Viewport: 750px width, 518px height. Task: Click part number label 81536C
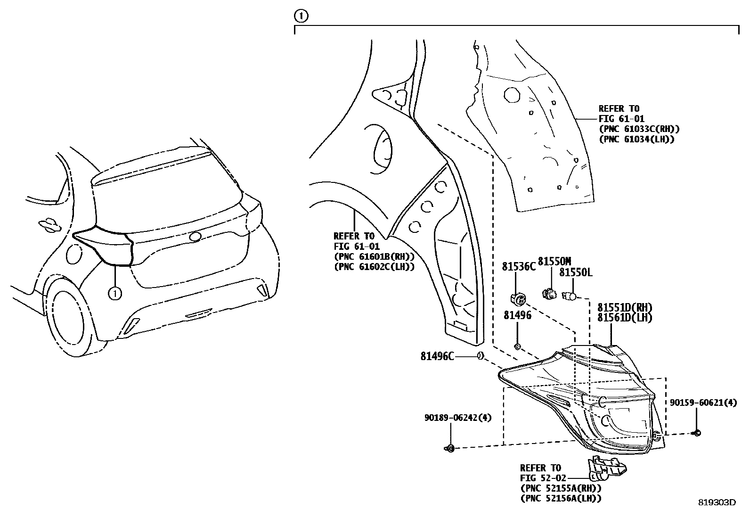tap(519, 267)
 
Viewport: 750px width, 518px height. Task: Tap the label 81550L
tap(576, 273)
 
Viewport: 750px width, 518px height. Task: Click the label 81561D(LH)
tap(625, 318)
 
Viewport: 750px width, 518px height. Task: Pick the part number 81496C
tap(437, 357)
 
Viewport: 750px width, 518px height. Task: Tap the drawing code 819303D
tap(717, 502)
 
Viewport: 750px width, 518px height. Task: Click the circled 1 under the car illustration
tap(114, 294)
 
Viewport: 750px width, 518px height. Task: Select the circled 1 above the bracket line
tap(301, 16)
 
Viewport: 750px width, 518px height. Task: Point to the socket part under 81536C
tap(518, 298)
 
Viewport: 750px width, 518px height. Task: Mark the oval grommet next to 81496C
tap(480, 356)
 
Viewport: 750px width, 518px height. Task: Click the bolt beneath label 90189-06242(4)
tap(450, 448)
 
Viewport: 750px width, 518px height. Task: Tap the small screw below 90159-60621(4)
tap(697, 432)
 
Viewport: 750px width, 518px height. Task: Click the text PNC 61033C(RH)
tap(639, 129)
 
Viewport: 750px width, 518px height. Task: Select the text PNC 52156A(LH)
tap(560, 498)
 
